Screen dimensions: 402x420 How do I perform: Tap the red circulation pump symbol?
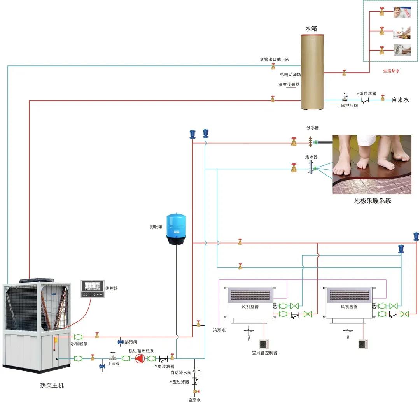[139, 358]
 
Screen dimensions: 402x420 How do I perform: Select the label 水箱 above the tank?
[311, 29]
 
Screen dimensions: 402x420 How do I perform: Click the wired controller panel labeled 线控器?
[93, 288]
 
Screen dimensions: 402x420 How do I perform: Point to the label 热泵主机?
[52, 385]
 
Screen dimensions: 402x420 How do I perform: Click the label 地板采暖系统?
[373, 201]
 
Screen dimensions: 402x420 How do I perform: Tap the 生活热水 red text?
[391, 71]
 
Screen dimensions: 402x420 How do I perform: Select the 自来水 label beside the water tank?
[400, 100]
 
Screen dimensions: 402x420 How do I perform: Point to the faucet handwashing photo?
[402, 50]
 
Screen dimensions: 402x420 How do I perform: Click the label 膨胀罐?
[156, 226]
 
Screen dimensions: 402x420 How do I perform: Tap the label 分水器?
[312, 128]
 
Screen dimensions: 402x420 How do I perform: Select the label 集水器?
[311, 157]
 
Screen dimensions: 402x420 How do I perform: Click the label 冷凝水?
[219, 330]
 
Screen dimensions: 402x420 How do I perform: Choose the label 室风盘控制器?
[264, 353]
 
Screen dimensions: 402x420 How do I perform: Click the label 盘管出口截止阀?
[274, 60]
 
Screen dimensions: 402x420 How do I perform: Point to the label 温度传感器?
[289, 84]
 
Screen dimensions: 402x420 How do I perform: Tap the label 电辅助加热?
[290, 74]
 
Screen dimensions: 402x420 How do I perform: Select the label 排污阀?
[131, 342]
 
